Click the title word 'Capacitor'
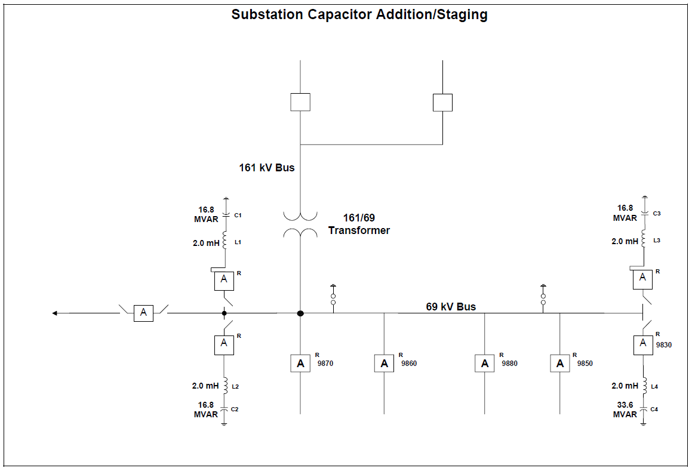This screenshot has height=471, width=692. pyautogui.click(x=339, y=15)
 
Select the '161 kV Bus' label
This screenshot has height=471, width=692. pyautogui.click(x=267, y=168)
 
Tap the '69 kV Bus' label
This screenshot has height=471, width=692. pyautogui.click(x=451, y=307)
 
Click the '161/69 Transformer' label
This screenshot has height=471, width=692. pyautogui.click(x=359, y=224)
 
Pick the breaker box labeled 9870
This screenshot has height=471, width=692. pyautogui.click(x=300, y=363)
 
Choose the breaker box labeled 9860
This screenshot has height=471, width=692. pyautogui.click(x=384, y=363)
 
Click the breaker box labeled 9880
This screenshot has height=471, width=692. pyautogui.click(x=484, y=363)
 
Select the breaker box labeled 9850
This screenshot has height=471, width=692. pyautogui.click(x=559, y=363)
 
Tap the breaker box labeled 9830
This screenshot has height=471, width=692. pyautogui.click(x=643, y=343)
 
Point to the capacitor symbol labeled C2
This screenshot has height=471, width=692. pyautogui.click(x=224, y=410)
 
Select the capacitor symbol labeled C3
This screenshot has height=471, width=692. pyautogui.click(x=644, y=213)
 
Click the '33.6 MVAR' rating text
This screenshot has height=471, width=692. pyautogui.click(x=625, y=409)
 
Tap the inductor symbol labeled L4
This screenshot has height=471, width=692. pyautogui.click(x=644, y=386)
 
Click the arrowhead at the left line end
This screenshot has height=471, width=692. pyautogui.click(x=55, y=313)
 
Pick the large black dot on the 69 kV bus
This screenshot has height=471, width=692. pyautogui.click(x=300, y=313)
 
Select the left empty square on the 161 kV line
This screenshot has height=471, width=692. pyautogui.click(x=300, y=102)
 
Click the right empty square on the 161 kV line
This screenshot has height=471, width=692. pyautogui.click(x=442, y=102)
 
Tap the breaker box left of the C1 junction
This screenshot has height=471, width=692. pyautogui.click(x=143, y=313)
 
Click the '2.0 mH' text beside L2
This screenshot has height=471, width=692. pyautogui.click(x=206, y=386)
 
